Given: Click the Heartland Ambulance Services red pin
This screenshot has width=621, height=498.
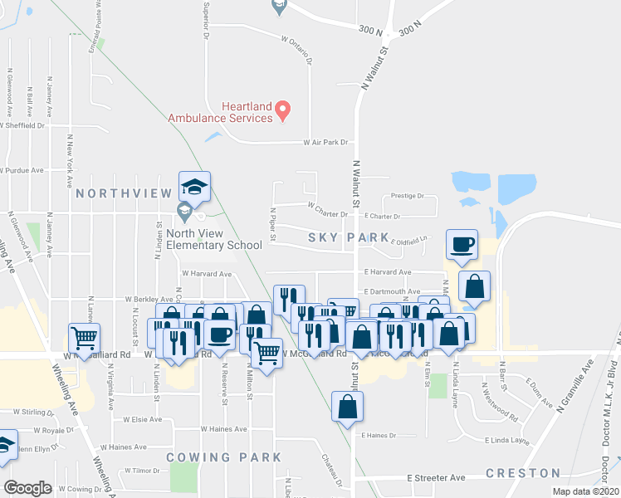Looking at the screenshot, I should click(282, 109).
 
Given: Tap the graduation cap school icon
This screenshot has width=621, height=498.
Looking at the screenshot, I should click(194, 188).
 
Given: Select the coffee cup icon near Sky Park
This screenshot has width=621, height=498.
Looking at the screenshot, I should click(461, 244).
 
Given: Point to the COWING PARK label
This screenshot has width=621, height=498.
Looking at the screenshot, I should click(223, 457).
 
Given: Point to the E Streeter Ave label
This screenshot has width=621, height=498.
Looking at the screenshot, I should click(436, 478).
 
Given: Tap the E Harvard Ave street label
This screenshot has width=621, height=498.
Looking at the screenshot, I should click(387, 272).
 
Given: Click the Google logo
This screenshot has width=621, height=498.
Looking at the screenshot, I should click(27, 488).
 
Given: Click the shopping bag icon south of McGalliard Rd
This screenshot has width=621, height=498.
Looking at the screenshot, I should click(347, 408).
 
